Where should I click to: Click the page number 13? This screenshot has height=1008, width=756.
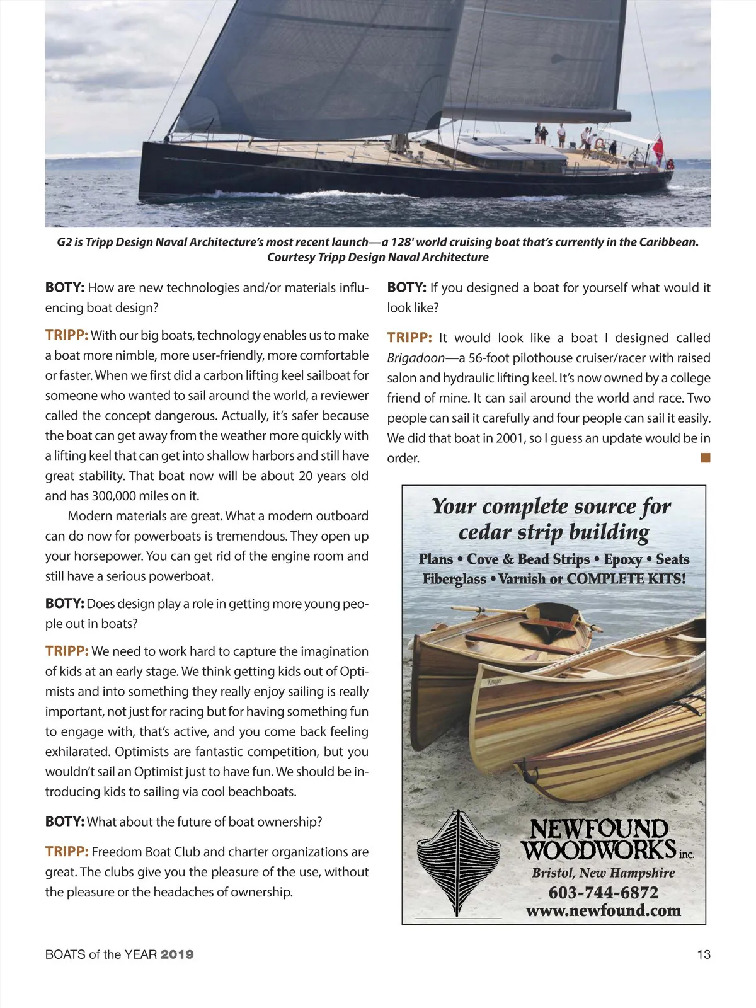pos(703,954)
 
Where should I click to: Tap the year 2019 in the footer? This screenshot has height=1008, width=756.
pos(177,954)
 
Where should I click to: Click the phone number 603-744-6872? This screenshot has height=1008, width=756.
pos(603,893)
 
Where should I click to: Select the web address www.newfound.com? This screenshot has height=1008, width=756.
pos(603,910)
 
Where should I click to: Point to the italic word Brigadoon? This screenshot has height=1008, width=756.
pos(416,358)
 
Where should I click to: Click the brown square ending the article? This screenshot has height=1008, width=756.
pos(706,458)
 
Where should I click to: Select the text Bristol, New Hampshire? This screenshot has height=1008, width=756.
pos(603,873)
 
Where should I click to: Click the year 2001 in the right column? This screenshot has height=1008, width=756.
pos(510,438)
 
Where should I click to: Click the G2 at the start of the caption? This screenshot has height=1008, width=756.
pos(64,242)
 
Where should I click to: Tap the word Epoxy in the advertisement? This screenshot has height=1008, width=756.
pos(622,559)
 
